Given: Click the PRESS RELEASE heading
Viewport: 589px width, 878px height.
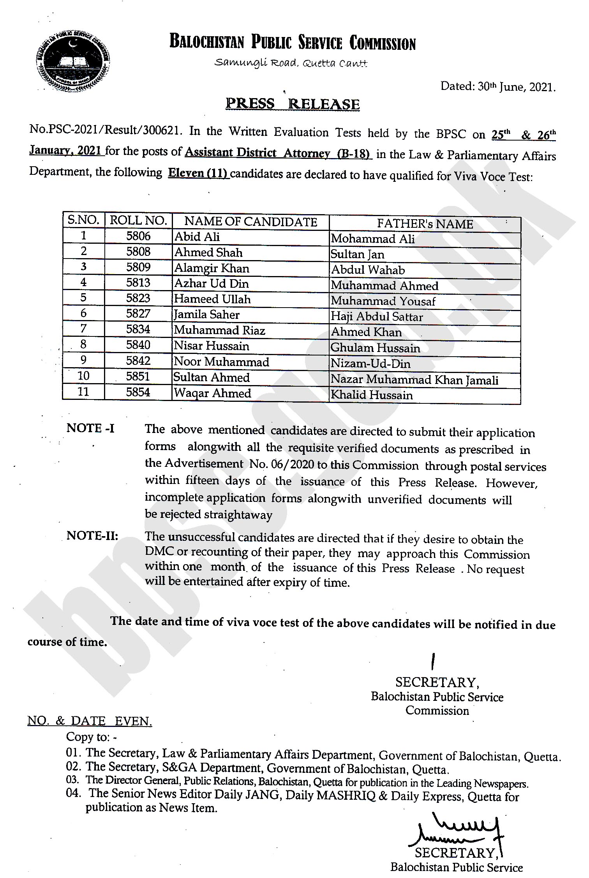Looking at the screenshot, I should click(293, 104).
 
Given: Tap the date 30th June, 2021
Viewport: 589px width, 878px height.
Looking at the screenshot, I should click(497, 87).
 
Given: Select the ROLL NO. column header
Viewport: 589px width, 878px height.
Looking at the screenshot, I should click(138, 220).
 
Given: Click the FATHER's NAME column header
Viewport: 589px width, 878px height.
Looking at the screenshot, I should click(425, 224).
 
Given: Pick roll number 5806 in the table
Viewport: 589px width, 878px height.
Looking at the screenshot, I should click(138, 236).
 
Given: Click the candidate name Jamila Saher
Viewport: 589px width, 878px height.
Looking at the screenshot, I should click(206, 315).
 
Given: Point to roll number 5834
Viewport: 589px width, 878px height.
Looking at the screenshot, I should click(138, 329).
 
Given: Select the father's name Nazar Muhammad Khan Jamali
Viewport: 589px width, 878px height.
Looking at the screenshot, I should click(414, 379).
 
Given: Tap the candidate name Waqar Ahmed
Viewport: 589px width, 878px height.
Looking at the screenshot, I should click(212, 393).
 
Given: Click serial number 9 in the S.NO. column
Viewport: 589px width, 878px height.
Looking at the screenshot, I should click(83, 360).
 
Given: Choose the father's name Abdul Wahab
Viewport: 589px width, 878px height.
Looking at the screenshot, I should click(368, 270).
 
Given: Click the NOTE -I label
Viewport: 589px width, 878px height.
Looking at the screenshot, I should click(90, 428).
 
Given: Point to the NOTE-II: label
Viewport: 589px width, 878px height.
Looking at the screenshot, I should click(92, 536).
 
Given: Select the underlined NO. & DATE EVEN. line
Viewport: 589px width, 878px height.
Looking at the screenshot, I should click(90, 721).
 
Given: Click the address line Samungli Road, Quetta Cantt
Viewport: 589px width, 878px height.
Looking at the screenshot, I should click(291, 63).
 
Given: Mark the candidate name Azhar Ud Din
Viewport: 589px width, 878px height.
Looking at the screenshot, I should click(211, 283).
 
